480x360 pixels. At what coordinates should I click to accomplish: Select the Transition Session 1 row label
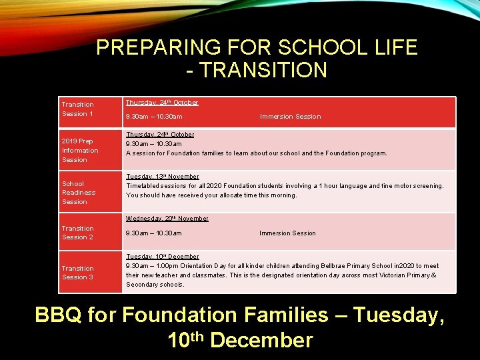coord(78,109)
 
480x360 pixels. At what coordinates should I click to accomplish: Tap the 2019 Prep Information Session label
coord(80,151)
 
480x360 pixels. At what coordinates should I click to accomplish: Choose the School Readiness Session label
coord(79,193)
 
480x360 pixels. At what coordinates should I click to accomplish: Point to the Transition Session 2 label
coord(78,233)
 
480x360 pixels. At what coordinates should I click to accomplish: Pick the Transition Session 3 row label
coord(78,273)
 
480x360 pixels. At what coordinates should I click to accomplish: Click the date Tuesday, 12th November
coord(163,177)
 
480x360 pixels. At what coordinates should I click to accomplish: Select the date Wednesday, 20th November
coord(167,219)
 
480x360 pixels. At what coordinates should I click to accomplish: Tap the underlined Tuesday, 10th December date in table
coord(163,257)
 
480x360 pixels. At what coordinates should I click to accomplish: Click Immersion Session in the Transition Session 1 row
coord(290,117)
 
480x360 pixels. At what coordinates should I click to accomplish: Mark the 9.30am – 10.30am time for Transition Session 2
coord(154,233)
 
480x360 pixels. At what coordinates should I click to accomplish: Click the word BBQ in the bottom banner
coord(58,315)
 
